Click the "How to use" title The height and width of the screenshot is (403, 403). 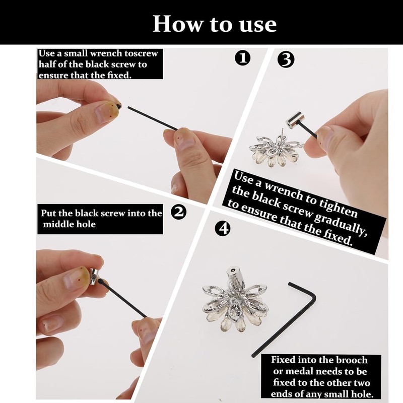[x=215, y=24]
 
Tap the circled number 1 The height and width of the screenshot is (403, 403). [x=242, y=58]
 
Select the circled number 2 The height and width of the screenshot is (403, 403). [x=179, y=212]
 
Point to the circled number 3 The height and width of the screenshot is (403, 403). [x=286, y=59]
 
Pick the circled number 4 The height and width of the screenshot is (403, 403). [x=223, y=228]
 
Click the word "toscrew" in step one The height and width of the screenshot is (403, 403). [x=142, y=53]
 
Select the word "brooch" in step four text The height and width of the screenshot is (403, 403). [x=352, y=360]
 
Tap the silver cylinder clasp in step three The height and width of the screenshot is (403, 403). [x=295, y=120]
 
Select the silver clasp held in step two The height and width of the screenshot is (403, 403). [x=94, y=276]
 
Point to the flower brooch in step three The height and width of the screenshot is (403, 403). [x=275, y=150]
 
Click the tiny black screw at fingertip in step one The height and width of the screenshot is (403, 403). [x=119, y=106]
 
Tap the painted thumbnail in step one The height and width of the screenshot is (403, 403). [x=107, y=111]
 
